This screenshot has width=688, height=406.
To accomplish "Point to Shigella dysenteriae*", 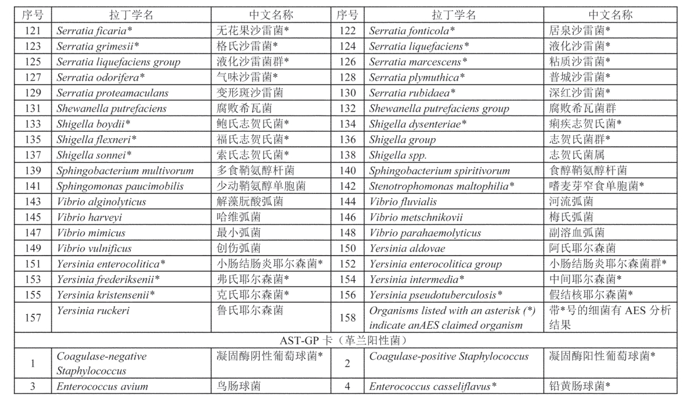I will [x=413, y=124].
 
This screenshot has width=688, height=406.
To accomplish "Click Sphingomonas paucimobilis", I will [x=120, y=186].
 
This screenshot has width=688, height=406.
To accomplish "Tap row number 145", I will [x=32, y=217].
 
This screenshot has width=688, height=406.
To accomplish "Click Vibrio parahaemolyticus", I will [x=425, y=233].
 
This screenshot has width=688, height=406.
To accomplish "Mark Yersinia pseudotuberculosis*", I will [x=436, y=295].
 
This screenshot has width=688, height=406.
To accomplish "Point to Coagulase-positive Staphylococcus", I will [x=449, y=356].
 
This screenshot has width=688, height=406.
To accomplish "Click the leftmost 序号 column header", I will [x=32, y=15].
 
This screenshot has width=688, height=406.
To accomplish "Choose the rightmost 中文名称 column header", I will [x=610, y=15].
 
